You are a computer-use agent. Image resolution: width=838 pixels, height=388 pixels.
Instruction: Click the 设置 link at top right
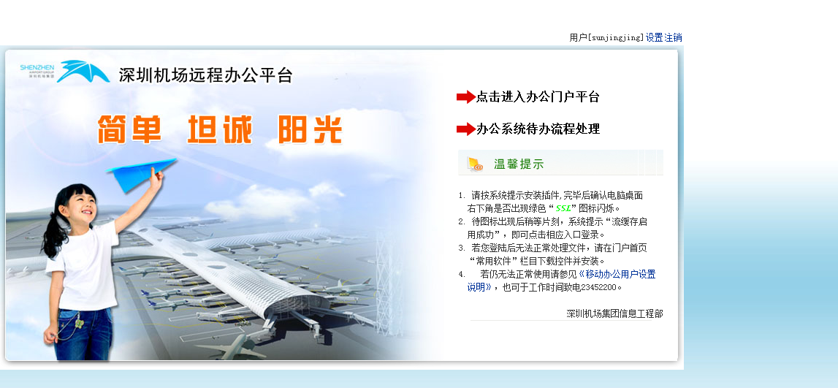(654, 38)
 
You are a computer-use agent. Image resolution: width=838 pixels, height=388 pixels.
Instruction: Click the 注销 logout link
(673, 38)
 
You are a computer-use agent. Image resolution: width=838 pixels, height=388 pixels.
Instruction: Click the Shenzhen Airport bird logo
(83, 71)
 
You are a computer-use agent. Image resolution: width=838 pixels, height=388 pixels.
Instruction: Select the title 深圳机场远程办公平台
(206, 75)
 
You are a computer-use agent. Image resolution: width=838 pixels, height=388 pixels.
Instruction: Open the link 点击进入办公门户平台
(538, 96)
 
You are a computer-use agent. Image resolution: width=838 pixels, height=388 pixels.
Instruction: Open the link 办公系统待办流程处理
(538, 129)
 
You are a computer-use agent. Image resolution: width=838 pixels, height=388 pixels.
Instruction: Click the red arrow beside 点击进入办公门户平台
(465, 96)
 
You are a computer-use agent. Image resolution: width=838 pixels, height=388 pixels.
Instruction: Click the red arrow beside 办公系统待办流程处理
(465, 129)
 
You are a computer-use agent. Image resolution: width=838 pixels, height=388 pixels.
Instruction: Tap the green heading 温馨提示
(519, 164)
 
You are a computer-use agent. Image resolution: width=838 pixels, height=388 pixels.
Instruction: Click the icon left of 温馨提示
(475, 164)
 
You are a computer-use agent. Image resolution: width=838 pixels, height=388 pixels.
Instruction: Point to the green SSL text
(563, 208)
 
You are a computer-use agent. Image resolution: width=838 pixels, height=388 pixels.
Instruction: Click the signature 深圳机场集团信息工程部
(614, 313)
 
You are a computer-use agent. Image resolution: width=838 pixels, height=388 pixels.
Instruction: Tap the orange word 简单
(129, 129)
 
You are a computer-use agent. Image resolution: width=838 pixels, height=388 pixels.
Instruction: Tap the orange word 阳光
(310, 129)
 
